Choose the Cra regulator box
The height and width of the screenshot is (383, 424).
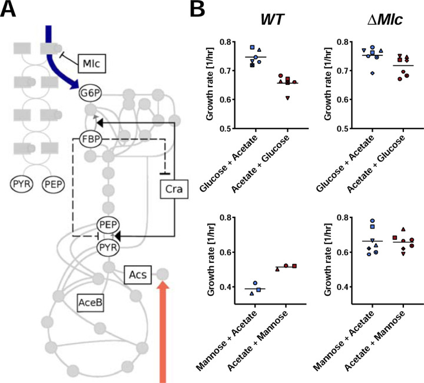[x=173, y=190]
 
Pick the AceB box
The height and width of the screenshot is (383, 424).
[x=92, y=302]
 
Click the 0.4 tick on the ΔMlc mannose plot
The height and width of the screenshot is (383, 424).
[x=338, y=287]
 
